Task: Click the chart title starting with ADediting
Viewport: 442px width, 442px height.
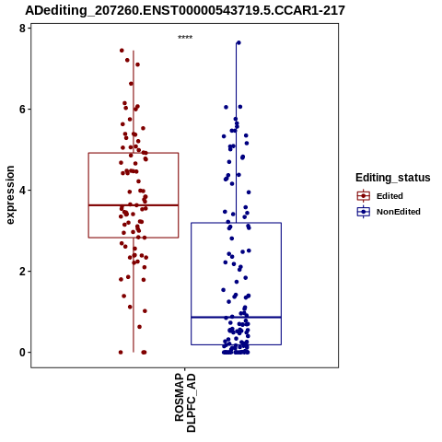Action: coord(185,10)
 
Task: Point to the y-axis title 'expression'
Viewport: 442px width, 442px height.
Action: coord(10,195)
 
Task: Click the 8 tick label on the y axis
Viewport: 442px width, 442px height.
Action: coord(22,29)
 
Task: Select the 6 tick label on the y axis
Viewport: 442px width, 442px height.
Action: coord(22,110)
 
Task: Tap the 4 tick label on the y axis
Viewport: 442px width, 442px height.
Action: coord(22,191)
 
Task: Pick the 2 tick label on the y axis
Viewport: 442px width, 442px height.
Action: coord(22,272)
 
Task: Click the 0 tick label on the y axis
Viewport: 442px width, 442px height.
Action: coord(22,353)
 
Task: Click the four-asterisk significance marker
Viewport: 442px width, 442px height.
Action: coord(185,37)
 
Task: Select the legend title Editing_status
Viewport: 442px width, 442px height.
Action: coord(393,178)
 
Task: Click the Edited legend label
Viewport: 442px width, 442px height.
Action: coord(390,196)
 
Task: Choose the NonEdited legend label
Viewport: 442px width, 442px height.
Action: coord(399,212)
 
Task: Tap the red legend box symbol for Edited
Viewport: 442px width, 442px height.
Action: coord(364,195)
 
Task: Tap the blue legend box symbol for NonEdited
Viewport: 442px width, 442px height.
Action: coord(364,212)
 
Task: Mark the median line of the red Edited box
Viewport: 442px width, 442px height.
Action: coord(134,205)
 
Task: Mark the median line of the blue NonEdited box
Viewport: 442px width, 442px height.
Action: coord(236,317)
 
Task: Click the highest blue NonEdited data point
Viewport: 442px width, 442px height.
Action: coord(238,42)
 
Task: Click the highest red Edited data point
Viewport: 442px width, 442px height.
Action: coord(122,51)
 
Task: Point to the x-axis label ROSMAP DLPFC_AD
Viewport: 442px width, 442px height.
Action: coord(185,402)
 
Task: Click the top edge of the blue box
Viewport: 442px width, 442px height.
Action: coord(236,223)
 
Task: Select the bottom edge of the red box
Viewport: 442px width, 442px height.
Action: coord(134,238)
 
